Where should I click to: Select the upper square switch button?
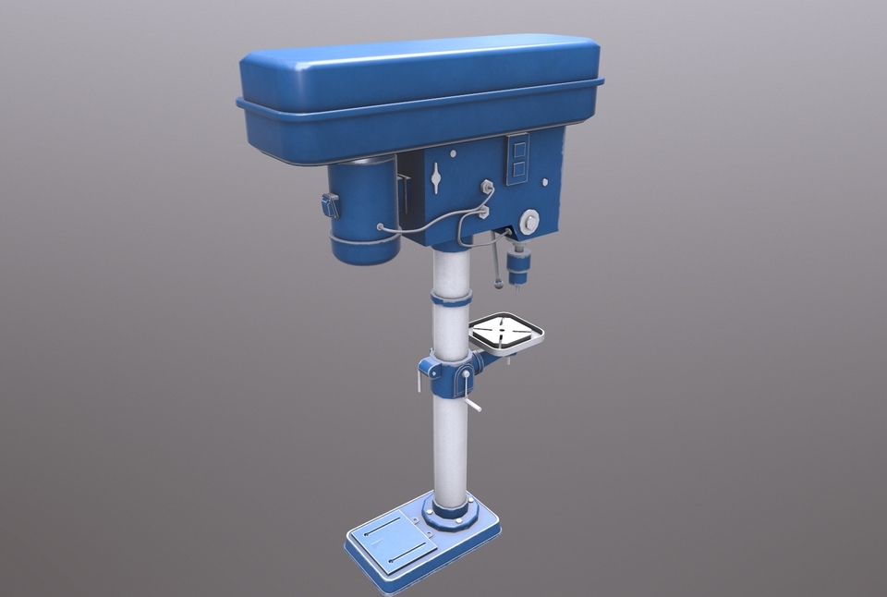click(x=518, y=148)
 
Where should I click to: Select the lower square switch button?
click(x=518, y=169)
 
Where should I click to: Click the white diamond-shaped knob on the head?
click(x=436, y=177)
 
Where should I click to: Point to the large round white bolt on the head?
click(x=529, y=220)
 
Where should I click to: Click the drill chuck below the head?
click(x=517, y=269)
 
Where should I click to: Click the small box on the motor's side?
click(x=330, y=206)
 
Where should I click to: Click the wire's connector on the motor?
click(x=380, y=226)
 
